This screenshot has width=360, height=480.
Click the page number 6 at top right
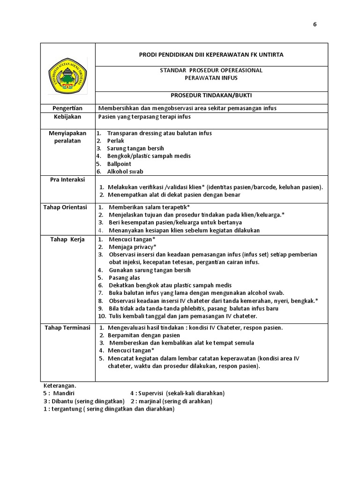click(315, 25)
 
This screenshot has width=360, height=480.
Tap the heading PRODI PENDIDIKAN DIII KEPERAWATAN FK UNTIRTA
click(211, 55)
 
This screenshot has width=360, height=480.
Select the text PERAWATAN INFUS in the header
click(211, 78)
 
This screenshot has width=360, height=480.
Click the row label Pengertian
click(67, 108)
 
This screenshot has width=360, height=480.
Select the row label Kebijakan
click(67, 117)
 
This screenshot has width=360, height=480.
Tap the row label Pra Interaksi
click(67, 180)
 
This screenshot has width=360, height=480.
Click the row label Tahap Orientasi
click(65, 207)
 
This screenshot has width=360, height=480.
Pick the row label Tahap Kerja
click(67, 240)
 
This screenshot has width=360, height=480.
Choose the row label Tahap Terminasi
click(67, 328)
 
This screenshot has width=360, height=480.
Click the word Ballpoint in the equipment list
click(119, 164)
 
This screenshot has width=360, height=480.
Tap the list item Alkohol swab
click(126, 172)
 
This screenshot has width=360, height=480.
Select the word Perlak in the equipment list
click(115, 141)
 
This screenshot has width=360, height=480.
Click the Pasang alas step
click(124, 278)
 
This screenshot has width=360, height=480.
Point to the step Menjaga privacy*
click(133, 247)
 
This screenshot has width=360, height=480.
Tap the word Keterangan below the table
click(60, 385)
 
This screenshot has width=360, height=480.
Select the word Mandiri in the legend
click(64, 393)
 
